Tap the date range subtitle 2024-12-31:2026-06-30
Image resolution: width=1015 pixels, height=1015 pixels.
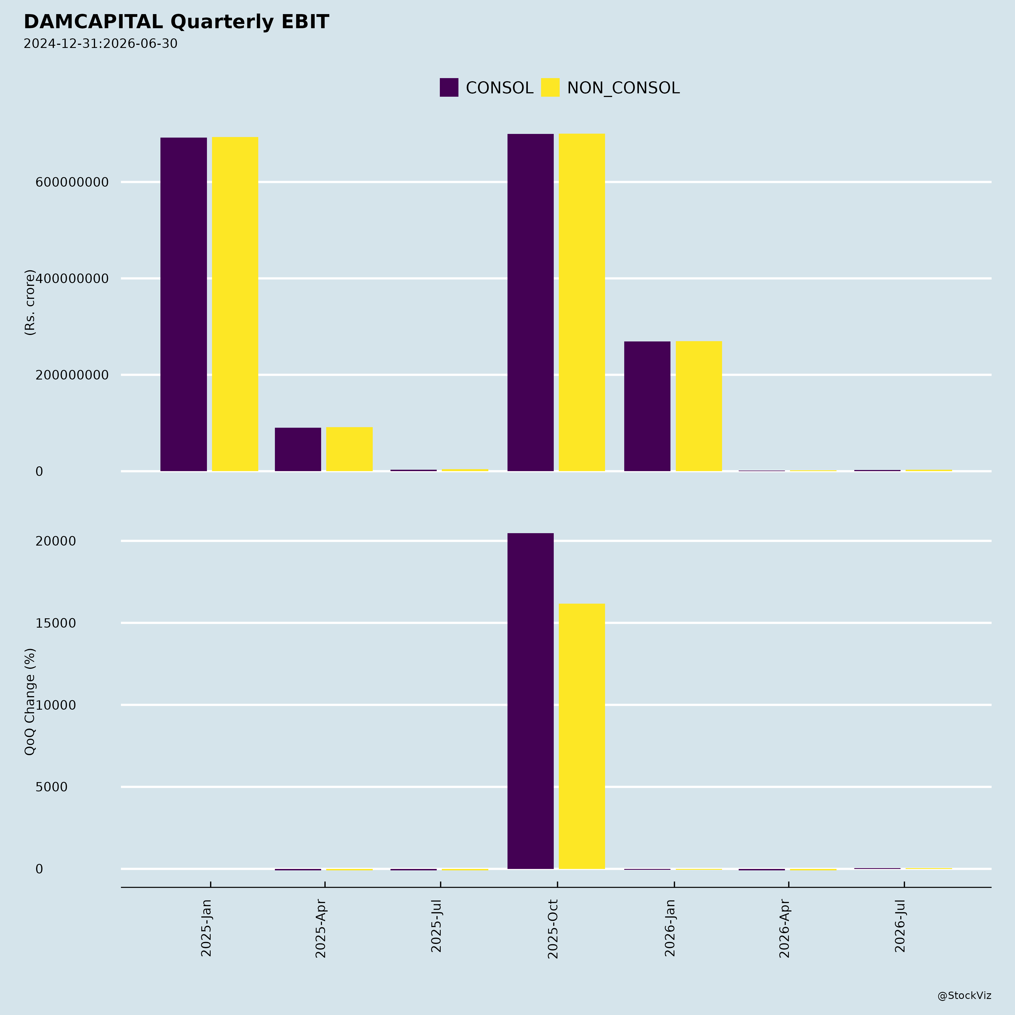tap(100, 44)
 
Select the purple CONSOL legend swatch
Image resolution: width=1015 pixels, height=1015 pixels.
tap(449, 87)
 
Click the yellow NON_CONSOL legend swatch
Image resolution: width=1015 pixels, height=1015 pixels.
tap(550, 87)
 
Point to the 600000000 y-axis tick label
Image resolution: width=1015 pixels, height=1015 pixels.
tap(72, 182)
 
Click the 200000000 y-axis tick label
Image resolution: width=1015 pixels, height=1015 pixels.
tap(72, 375)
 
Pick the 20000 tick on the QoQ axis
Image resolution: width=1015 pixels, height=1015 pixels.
tap(56, 541)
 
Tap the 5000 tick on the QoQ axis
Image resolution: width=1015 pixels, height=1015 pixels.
tap(52, 787)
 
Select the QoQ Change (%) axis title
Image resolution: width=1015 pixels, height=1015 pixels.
tap(30, 701)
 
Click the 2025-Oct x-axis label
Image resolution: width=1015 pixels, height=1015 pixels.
tap(553, 929)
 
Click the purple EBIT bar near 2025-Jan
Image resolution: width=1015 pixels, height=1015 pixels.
tap(183, 304)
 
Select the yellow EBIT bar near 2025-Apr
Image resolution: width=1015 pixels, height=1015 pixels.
tap(349, 449)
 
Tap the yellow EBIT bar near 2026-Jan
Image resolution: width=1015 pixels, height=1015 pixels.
tap(699, 406)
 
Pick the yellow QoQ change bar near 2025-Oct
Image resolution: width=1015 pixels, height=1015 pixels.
tap(582, 736)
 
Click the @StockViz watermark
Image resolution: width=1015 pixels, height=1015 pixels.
tap(964, 996)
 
